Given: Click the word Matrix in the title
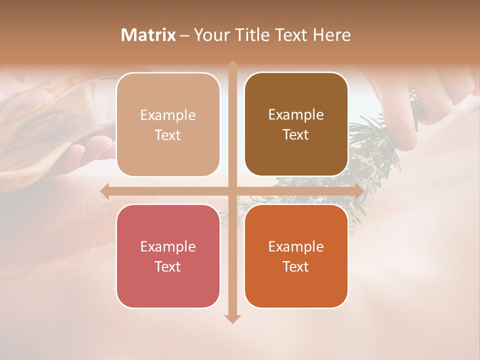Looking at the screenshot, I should pos(148,35).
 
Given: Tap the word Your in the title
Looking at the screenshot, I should pos(212,35).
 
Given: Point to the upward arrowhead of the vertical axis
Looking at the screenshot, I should pos(232,65).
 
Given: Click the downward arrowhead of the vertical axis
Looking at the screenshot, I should pos(232,318).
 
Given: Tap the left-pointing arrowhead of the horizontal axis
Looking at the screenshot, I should pos(105,191).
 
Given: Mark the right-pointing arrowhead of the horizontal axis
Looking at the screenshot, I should pos(358,191).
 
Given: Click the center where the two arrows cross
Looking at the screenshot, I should pos(232,191).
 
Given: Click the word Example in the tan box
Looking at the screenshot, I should pos(168,115).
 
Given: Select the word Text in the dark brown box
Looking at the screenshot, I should pos(296,135).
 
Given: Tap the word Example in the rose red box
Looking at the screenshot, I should pos(168,247).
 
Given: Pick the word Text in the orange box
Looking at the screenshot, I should pos(296,266).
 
